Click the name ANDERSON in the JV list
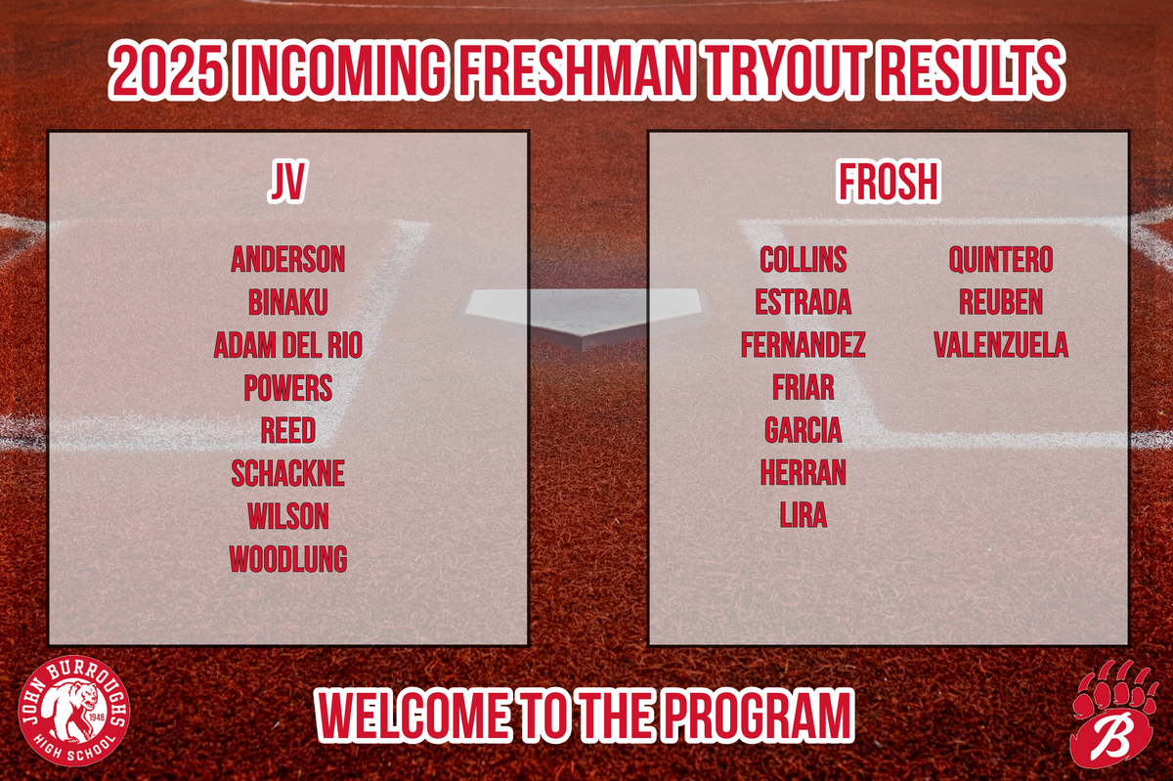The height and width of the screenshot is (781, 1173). pos(288,259)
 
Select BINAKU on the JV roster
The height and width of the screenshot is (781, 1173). pos(288,302)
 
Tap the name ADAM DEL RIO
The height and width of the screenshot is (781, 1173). pos(288,345)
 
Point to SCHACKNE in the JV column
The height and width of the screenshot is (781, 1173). pos(288,473)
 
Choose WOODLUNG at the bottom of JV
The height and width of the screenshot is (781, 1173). pos(288,559)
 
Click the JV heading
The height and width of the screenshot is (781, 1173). pos(287,182)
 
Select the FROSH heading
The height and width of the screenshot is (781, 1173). pos(889,182)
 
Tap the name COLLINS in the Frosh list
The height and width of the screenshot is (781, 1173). pos(803,259)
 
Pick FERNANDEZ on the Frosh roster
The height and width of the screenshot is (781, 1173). pos(803,345)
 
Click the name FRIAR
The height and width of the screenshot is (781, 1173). pos(803,388)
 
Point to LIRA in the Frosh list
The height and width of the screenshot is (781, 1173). pos(803,515)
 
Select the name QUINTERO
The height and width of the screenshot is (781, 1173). pos(1001,259)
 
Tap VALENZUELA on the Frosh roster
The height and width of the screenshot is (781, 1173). pos(1001,345)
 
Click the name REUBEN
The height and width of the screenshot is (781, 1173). pos(1001,302)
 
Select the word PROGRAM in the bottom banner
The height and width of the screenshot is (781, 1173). pos(757,715)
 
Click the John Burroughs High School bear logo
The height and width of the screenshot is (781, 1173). pos(74,712)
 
